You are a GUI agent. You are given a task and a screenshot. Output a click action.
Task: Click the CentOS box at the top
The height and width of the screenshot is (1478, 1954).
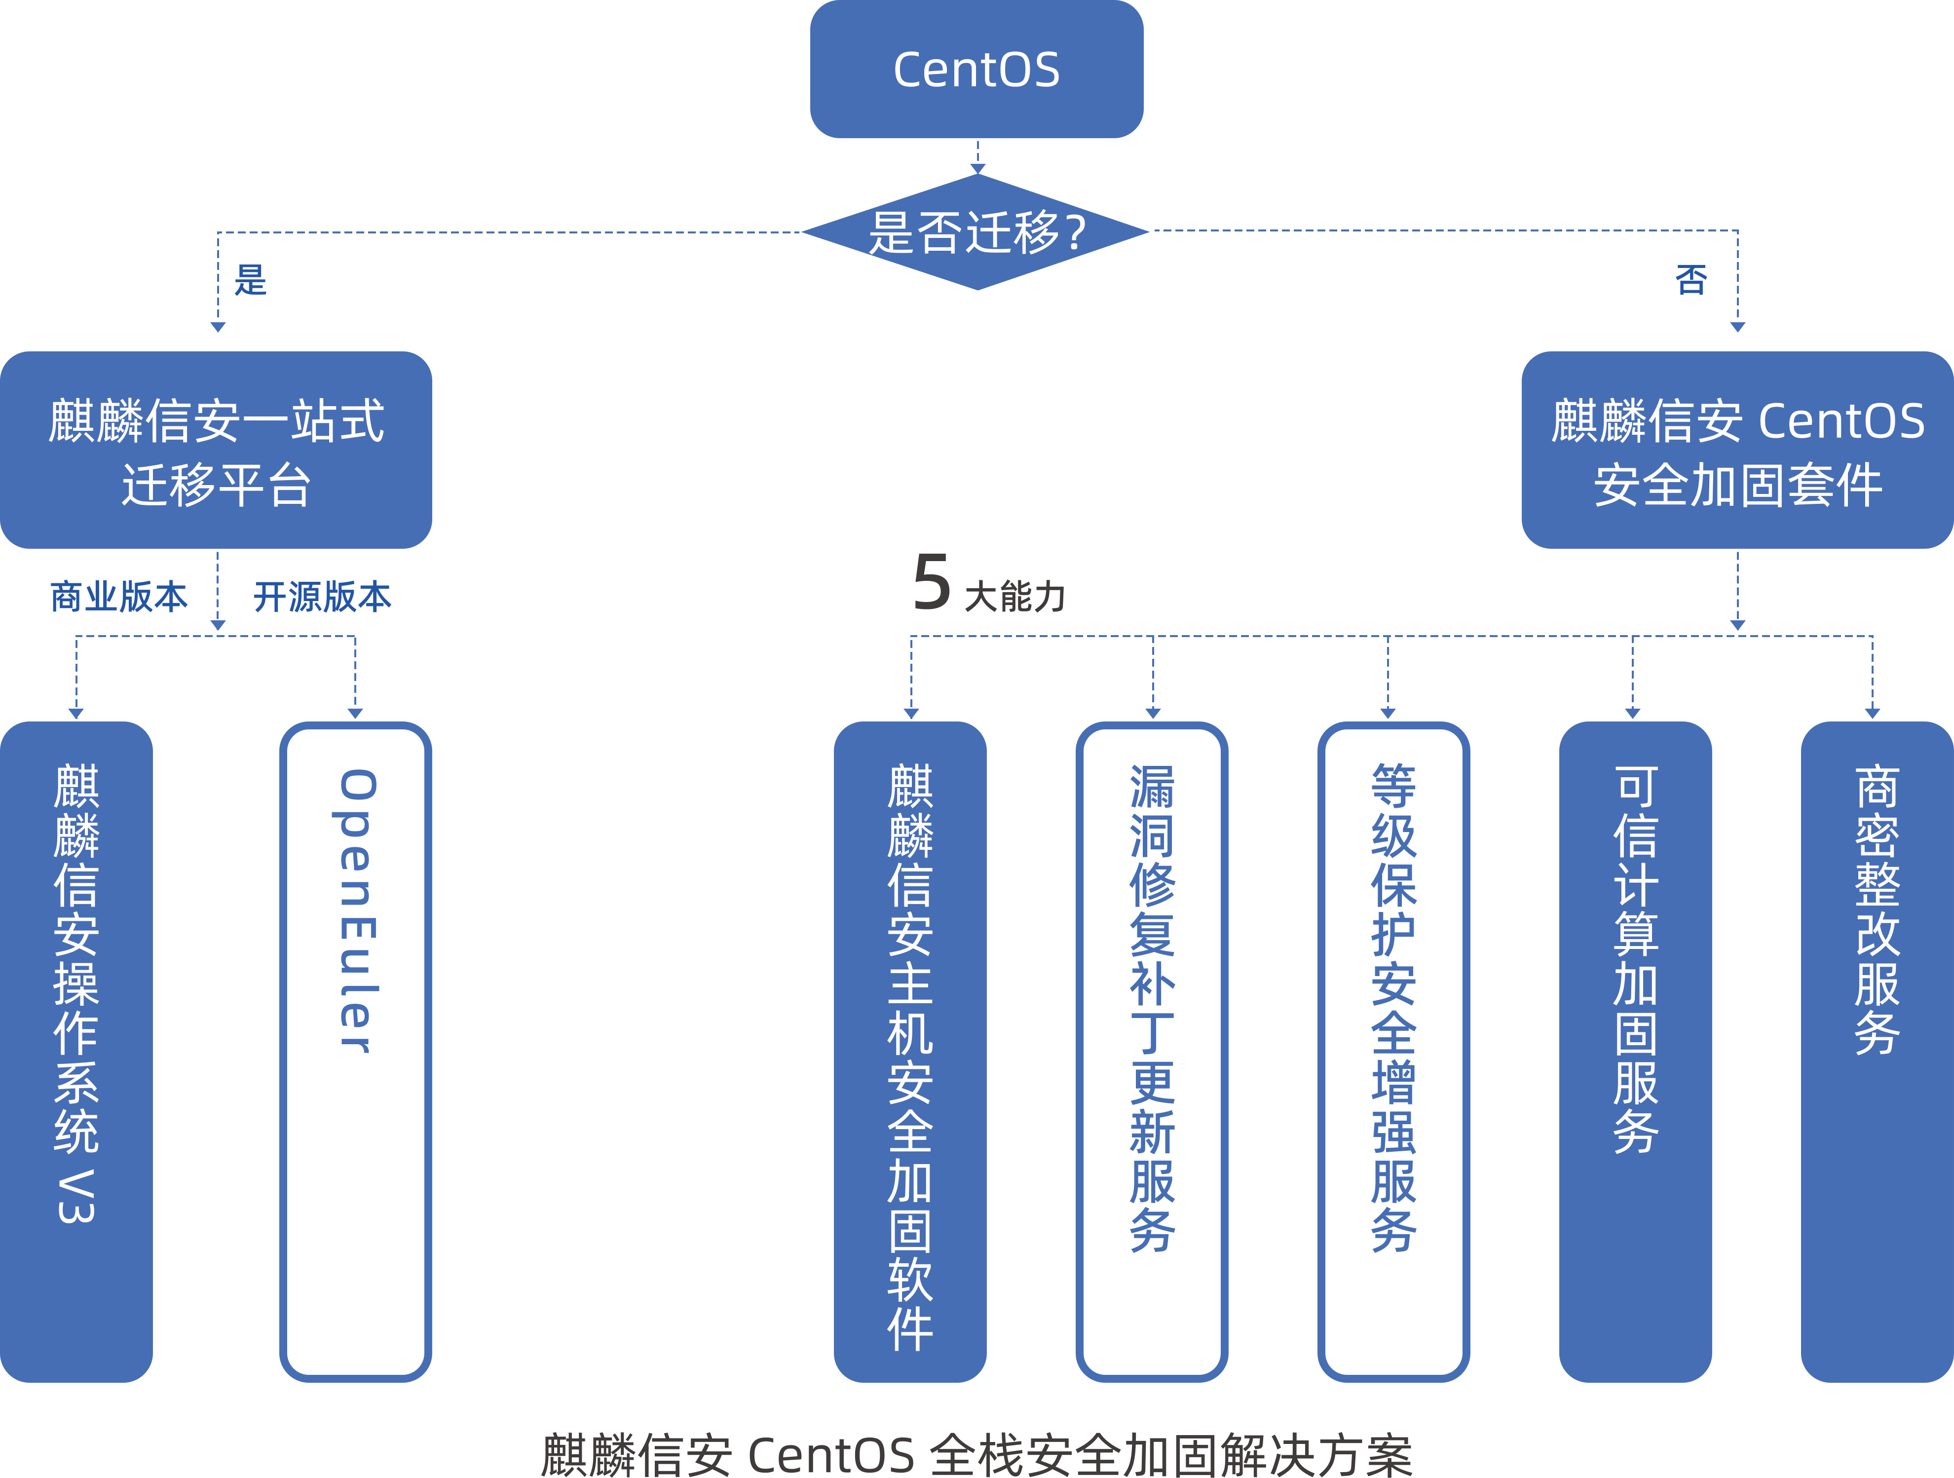pos(976,69)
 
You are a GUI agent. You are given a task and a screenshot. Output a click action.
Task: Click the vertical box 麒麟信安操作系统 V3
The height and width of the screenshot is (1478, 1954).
pos(77,1051)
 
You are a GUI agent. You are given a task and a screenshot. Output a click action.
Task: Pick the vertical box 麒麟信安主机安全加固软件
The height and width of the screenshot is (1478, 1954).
pos(910,1051)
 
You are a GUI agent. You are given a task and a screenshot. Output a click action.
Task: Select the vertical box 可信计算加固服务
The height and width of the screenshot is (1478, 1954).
pos(1635,1051)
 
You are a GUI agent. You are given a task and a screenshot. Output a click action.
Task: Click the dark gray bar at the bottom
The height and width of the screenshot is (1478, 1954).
pos(976,1453)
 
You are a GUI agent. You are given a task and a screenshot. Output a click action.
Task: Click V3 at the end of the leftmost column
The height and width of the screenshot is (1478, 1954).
pos(77,1197)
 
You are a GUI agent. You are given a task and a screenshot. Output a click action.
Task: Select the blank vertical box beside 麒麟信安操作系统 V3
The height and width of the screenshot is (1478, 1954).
pos(355,1051)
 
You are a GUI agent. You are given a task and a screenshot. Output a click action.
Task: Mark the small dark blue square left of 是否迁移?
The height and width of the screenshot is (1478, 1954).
pos(250,280)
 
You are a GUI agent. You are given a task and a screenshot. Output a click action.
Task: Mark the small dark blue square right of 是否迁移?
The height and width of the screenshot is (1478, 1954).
pos(1691,280)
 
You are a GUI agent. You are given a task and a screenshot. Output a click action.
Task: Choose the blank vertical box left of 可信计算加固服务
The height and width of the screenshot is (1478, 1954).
pos(1393,1051)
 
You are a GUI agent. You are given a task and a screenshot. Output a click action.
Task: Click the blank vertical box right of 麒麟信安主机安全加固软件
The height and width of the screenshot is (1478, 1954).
pos(1151,1051)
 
